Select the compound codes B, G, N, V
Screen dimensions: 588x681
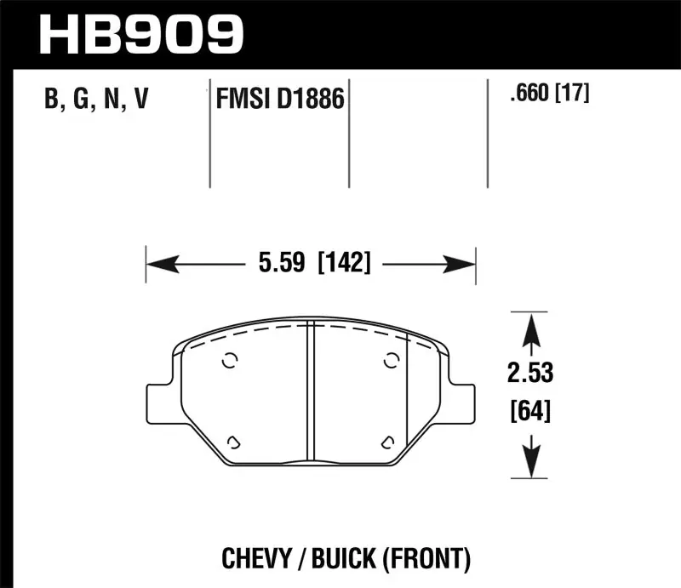coord(96,101)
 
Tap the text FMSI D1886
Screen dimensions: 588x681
coord(278,101)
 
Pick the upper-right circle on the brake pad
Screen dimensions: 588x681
coord(391,361)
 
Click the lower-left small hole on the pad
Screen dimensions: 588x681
coord(233,441)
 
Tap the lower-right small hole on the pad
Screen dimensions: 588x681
coord(387,441)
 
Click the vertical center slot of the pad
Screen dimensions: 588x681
coord(312,391)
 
